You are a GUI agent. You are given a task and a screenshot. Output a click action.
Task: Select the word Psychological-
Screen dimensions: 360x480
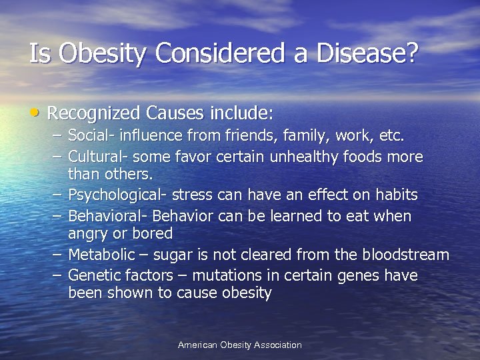tap(119, 195)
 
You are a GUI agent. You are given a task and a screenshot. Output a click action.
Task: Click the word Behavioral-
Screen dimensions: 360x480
tap(108, 216)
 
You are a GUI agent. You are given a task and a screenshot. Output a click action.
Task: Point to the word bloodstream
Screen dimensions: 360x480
tap(405, 255)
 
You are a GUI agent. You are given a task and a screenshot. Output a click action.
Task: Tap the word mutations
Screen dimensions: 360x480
tap(224, 275)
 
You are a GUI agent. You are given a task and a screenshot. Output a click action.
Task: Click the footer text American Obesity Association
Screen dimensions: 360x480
tap(239, 345)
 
